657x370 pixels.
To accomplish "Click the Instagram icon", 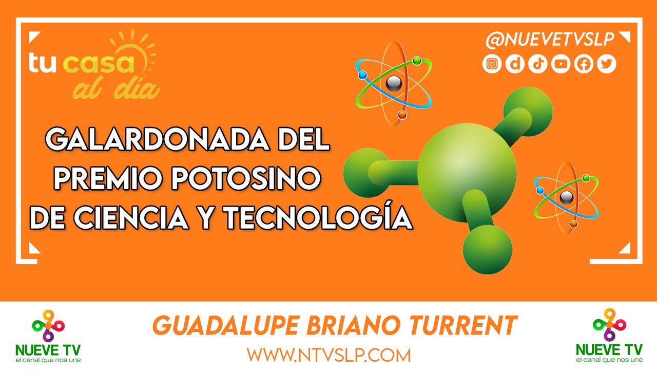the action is [492, 64].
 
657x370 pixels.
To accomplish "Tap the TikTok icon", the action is [537, 64].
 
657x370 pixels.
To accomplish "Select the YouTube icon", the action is [561, 64].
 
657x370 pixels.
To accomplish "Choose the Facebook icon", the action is [584, 64].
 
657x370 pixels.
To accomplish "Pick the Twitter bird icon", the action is [607, 64].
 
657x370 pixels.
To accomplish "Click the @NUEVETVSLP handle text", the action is [550, 40].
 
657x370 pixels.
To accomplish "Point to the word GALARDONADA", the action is [157, 139].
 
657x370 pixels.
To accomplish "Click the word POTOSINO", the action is [246, 178].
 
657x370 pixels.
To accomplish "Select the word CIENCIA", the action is [131, 218].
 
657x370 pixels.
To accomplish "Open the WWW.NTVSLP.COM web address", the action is [328, 355].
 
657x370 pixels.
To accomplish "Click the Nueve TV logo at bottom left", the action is [48, 336].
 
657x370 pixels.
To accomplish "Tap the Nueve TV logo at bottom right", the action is [609, 336].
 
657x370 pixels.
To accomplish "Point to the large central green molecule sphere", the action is [467, 173].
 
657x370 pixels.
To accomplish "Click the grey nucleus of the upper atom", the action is [394, 84].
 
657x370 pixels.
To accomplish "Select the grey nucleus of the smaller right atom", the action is [566, 197].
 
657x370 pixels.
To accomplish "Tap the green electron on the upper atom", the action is [417, 61].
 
